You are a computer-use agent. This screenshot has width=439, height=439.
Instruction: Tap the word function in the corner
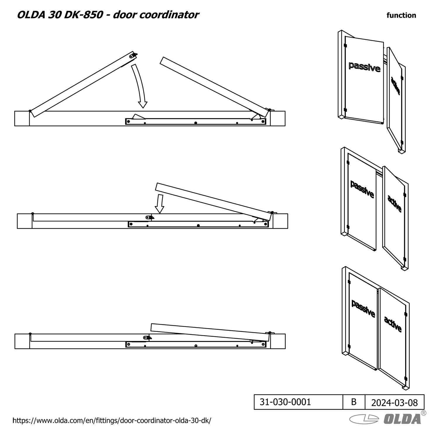(401, 15)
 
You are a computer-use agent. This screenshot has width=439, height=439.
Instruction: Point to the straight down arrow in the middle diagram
(160, 203)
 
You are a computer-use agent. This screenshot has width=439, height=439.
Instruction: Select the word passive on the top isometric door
(364, 67)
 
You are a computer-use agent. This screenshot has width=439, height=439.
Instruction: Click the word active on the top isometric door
(395, 85)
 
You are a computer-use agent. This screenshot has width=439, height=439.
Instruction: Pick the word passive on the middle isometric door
(362, 189)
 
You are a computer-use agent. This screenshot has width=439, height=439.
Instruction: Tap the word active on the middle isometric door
(395, 203)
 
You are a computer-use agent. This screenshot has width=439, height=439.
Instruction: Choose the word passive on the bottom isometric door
(363, 308)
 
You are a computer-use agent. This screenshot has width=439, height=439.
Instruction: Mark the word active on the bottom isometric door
(393, 324)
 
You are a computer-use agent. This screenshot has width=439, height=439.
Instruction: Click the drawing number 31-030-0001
(285, 402)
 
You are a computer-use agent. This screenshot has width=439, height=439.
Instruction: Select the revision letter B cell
(354, 402)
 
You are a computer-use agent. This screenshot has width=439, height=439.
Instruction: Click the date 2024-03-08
(395, 403)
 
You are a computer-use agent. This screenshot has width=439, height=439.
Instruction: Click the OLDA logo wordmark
(402, 419)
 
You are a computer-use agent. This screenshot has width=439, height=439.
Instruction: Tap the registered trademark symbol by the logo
(423, 413)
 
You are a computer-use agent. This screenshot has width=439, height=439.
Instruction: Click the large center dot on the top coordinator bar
(196, 123)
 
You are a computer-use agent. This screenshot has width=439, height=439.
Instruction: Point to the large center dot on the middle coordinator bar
(198, 226)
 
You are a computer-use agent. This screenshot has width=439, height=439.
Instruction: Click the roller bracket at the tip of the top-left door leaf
(133, 55)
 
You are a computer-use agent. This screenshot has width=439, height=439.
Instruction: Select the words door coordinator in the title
(156, 15)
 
